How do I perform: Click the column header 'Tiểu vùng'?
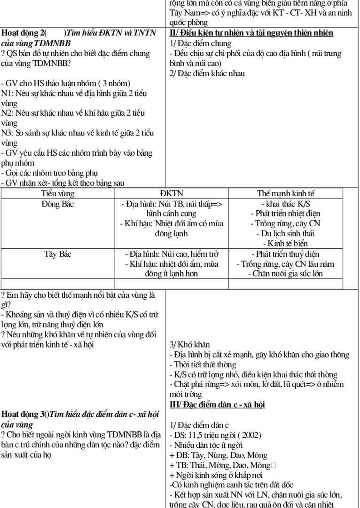(x=58, y=193)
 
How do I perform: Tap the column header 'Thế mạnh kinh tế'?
(x=285, y=193)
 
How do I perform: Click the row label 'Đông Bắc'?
(x=58, y=204)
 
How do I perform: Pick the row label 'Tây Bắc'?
(x=58, y=254)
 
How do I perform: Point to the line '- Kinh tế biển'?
(x=285, y=243)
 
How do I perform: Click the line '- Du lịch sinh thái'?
(x=285, y=233)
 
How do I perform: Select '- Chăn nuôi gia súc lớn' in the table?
(x=285, y=273)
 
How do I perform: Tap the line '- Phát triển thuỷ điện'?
(x=285, y=254)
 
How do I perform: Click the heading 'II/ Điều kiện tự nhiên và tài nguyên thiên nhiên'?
(x=251, y=33)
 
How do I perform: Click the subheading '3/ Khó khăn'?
(x=189, y=344)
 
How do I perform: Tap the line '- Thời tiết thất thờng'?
(x=203, y=365)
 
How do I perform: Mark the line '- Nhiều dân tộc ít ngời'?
(x=205, y=445)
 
